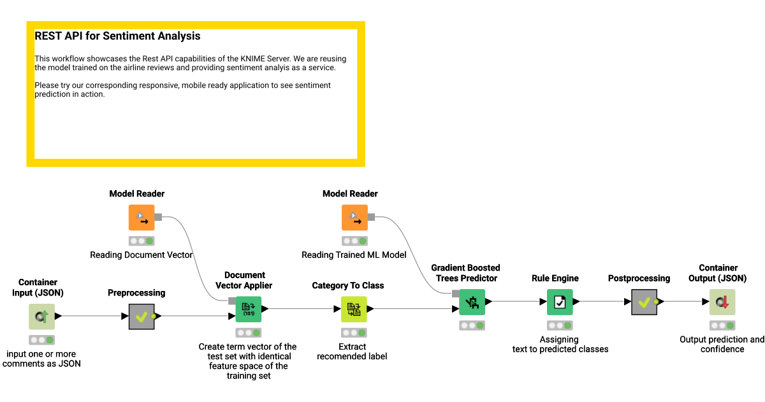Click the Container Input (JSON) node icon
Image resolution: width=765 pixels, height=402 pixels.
point(41,316)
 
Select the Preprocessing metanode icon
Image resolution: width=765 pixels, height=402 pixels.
point(142,316)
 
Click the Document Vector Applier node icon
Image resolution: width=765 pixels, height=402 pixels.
point(249,309)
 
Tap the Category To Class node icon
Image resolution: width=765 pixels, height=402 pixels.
point(353,309)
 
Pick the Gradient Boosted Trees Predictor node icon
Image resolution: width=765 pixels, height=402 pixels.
point(472,302)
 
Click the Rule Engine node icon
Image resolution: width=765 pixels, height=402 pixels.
point(560,302)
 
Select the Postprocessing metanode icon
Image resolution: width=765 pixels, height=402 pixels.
point(644,302)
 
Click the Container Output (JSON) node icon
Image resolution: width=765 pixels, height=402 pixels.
point(722,302)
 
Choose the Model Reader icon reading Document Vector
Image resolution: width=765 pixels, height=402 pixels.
point(142,218)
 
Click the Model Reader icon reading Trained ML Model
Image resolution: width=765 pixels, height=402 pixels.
point(354,218)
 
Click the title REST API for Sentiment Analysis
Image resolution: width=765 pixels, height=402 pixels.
point(117,36)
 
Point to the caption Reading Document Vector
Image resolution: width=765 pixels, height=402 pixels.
point(142,255)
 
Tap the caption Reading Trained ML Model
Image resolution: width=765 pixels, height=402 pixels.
point(354,255)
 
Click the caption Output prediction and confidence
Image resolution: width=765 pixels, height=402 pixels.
point(722,345)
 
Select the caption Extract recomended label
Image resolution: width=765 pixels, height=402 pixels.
point(352,352)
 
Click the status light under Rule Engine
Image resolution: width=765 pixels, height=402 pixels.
point(560,325)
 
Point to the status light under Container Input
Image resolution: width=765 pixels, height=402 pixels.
point(41,339)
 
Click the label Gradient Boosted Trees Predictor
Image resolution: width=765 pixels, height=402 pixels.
point(465,273)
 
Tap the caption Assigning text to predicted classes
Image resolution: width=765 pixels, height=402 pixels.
point(560,345)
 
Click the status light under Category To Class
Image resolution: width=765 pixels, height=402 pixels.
point(353,332)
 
